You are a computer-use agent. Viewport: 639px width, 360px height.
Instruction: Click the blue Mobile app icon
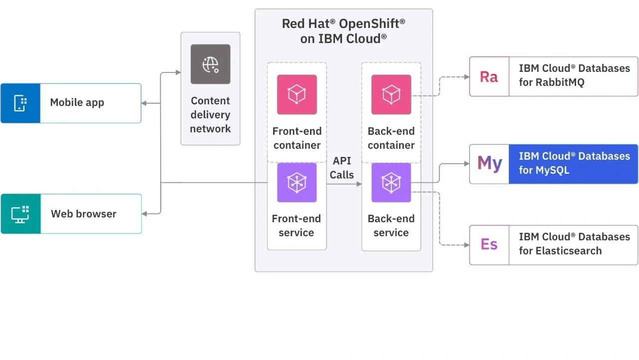pos(20,103)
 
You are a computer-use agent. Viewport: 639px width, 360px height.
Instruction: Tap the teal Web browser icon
pos(20,214)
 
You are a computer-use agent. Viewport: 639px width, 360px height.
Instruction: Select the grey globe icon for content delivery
pos(210,64)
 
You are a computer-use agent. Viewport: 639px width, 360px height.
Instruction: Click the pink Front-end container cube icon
pos(297,94)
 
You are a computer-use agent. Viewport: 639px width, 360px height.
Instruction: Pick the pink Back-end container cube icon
pos(391,94)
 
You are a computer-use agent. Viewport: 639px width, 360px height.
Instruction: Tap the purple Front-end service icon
pos(297,182)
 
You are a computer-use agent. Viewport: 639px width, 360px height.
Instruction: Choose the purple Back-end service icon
pos(391,182)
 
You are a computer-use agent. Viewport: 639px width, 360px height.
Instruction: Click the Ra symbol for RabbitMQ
pos(489,77)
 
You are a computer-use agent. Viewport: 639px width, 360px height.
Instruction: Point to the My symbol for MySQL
pos(489,164)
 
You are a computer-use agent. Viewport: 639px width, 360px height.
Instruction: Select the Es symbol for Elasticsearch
pos(489,245)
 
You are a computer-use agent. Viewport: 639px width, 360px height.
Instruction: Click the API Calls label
pos(342,168)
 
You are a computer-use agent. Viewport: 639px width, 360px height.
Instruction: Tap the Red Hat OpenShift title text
pos(343,31)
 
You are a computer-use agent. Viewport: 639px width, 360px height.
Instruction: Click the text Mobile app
pos(77,103)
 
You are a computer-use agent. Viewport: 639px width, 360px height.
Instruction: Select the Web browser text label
pos(83,214)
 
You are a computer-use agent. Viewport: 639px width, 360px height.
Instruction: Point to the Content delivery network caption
pos(210,115)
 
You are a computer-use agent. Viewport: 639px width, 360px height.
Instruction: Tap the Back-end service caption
pos(391,226)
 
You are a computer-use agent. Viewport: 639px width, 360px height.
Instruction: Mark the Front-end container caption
pos(297,138)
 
